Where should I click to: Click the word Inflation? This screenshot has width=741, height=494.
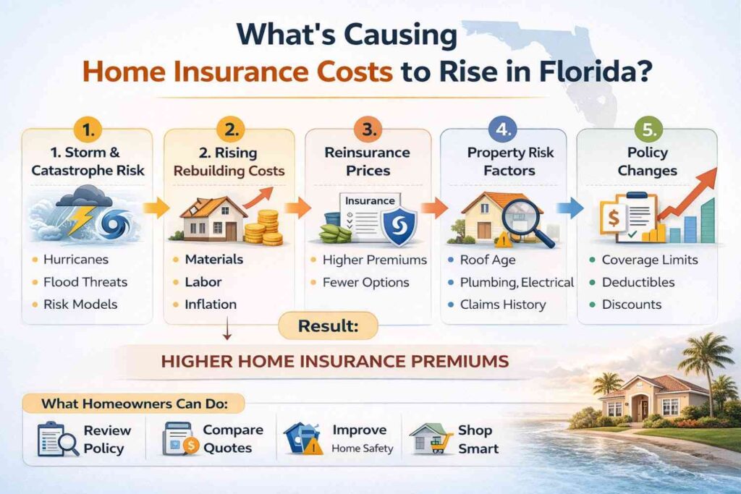[x=211, y=305]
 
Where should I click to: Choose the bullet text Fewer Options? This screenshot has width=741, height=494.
[x=367, y=282]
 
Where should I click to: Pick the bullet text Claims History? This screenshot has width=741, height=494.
[x=503, y=305]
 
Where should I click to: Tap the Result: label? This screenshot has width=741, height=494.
[x=328, y=327]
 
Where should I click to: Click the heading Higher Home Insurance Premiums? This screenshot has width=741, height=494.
[x=334, y=360]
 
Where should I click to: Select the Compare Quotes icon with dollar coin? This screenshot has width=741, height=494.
[x=178, y=438]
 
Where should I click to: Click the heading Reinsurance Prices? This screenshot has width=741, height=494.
[x=367, y=162]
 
